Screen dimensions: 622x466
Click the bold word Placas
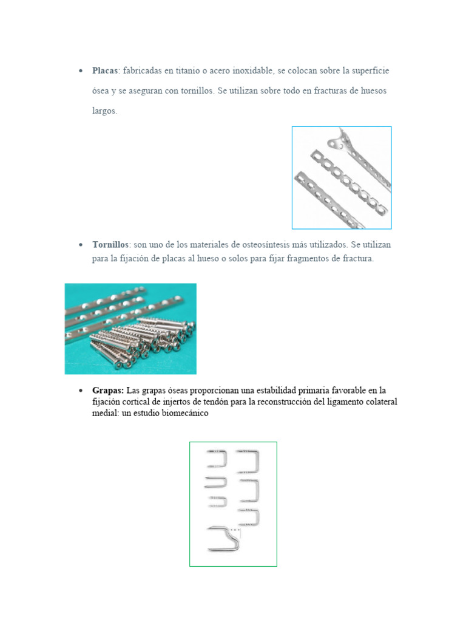coord(105,71)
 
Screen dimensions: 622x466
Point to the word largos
coord(104,111)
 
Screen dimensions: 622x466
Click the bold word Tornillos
coord(110,244)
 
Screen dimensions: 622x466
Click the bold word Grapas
coord(108,390)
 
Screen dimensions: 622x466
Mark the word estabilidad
coord(259,390)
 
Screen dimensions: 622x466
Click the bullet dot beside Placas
coord(81,71)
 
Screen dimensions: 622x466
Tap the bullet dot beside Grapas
coord(81,390)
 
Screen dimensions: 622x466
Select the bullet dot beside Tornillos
coord(81,244)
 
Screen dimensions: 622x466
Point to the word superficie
coord(366,71)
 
